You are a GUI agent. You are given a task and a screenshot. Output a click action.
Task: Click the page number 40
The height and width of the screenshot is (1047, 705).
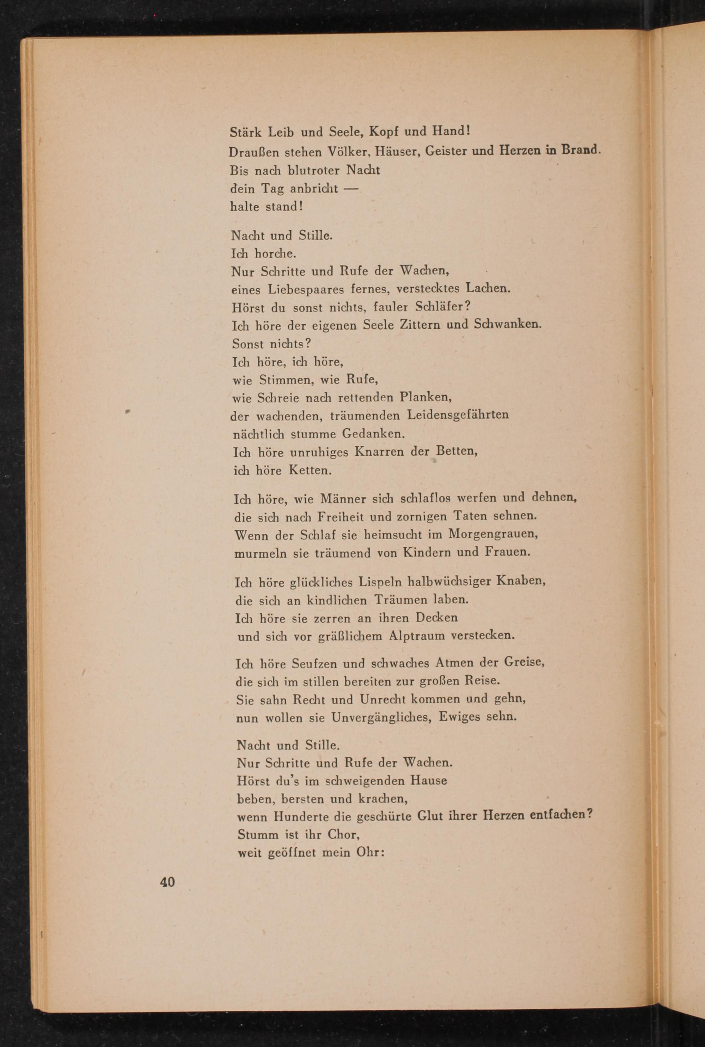point(167,882)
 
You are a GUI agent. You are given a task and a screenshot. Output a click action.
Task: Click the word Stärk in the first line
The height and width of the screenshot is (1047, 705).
point(245,132)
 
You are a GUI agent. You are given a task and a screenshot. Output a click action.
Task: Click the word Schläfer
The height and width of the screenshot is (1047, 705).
point(442,307)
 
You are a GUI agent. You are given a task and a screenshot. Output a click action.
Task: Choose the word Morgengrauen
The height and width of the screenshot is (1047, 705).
point(494,534)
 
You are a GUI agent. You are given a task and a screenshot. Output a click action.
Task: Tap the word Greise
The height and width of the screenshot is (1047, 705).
point(524,663)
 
